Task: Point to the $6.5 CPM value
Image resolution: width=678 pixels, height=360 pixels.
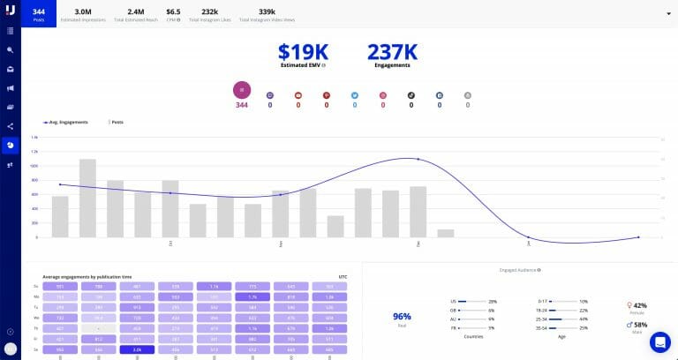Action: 174,13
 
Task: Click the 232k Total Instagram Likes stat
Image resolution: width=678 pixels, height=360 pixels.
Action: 209,13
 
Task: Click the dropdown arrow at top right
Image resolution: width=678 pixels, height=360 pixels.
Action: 667,14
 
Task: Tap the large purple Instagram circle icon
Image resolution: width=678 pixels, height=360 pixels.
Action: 242,89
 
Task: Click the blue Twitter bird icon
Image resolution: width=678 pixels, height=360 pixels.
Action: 355,94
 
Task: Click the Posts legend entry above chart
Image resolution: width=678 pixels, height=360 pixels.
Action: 115,122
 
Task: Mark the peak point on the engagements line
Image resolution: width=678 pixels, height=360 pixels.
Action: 418,159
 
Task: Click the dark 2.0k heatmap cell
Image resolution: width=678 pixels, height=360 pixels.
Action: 137,349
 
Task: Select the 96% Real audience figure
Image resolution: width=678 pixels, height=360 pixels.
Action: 403,315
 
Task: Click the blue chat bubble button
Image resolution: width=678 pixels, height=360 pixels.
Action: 659,342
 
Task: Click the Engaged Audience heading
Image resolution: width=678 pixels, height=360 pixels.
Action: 518,270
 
